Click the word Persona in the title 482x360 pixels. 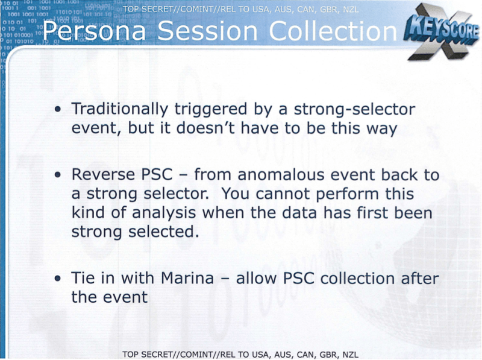[94, 31]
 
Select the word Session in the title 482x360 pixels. [207, 31]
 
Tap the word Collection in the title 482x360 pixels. [333, 31]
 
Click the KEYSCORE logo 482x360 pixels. [442, 31]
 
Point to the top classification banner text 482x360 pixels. [240, 10]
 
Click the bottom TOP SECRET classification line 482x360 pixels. [240, 355]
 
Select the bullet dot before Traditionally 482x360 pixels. [58, 110]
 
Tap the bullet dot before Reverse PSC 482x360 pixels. [58, 175]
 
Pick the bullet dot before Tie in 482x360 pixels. [58, 279]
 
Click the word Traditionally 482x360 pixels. [120, 110]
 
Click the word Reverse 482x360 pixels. [103, 174]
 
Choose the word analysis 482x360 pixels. [164, 213]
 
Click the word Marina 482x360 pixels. [187, 278]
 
